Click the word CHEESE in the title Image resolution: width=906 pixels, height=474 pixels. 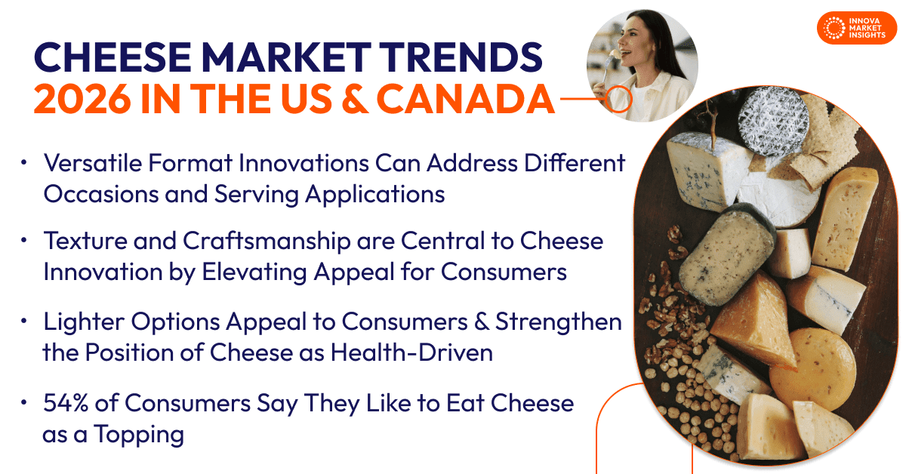(112, 57)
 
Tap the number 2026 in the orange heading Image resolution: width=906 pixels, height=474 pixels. (82, 99)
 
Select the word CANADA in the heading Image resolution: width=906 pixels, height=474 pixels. (466, 99)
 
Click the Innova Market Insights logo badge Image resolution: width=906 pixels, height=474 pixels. (857, 28)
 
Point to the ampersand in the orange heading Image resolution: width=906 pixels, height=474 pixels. (355, 99)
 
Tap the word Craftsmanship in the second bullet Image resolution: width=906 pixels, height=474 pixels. (267, 241)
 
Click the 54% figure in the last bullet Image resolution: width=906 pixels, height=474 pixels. (66, 403)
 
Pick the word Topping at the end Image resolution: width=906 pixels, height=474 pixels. (139, 434)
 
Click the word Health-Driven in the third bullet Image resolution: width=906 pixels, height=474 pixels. (411, 352)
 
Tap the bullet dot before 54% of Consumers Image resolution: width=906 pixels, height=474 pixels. (24, 402)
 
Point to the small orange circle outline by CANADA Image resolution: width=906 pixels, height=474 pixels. (618, 99)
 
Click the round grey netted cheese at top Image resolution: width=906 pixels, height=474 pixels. (773, 121)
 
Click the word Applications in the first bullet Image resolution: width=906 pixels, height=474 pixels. (375, 195)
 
